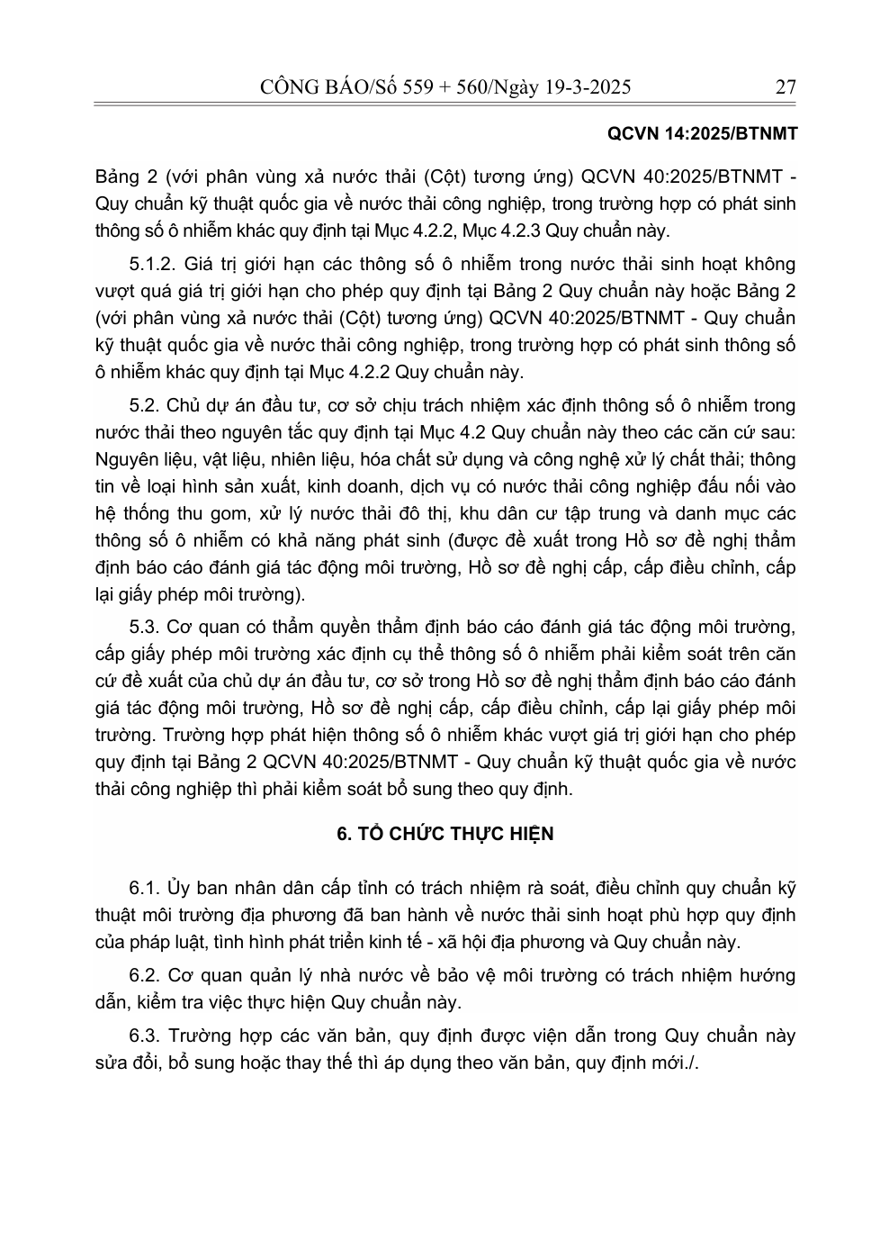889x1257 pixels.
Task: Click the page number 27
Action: coord(785,87)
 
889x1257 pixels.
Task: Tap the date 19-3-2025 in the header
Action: coord(582,87)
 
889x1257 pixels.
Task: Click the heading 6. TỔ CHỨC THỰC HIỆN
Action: coord(444,834)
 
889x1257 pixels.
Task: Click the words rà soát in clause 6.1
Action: coord(571,888)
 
